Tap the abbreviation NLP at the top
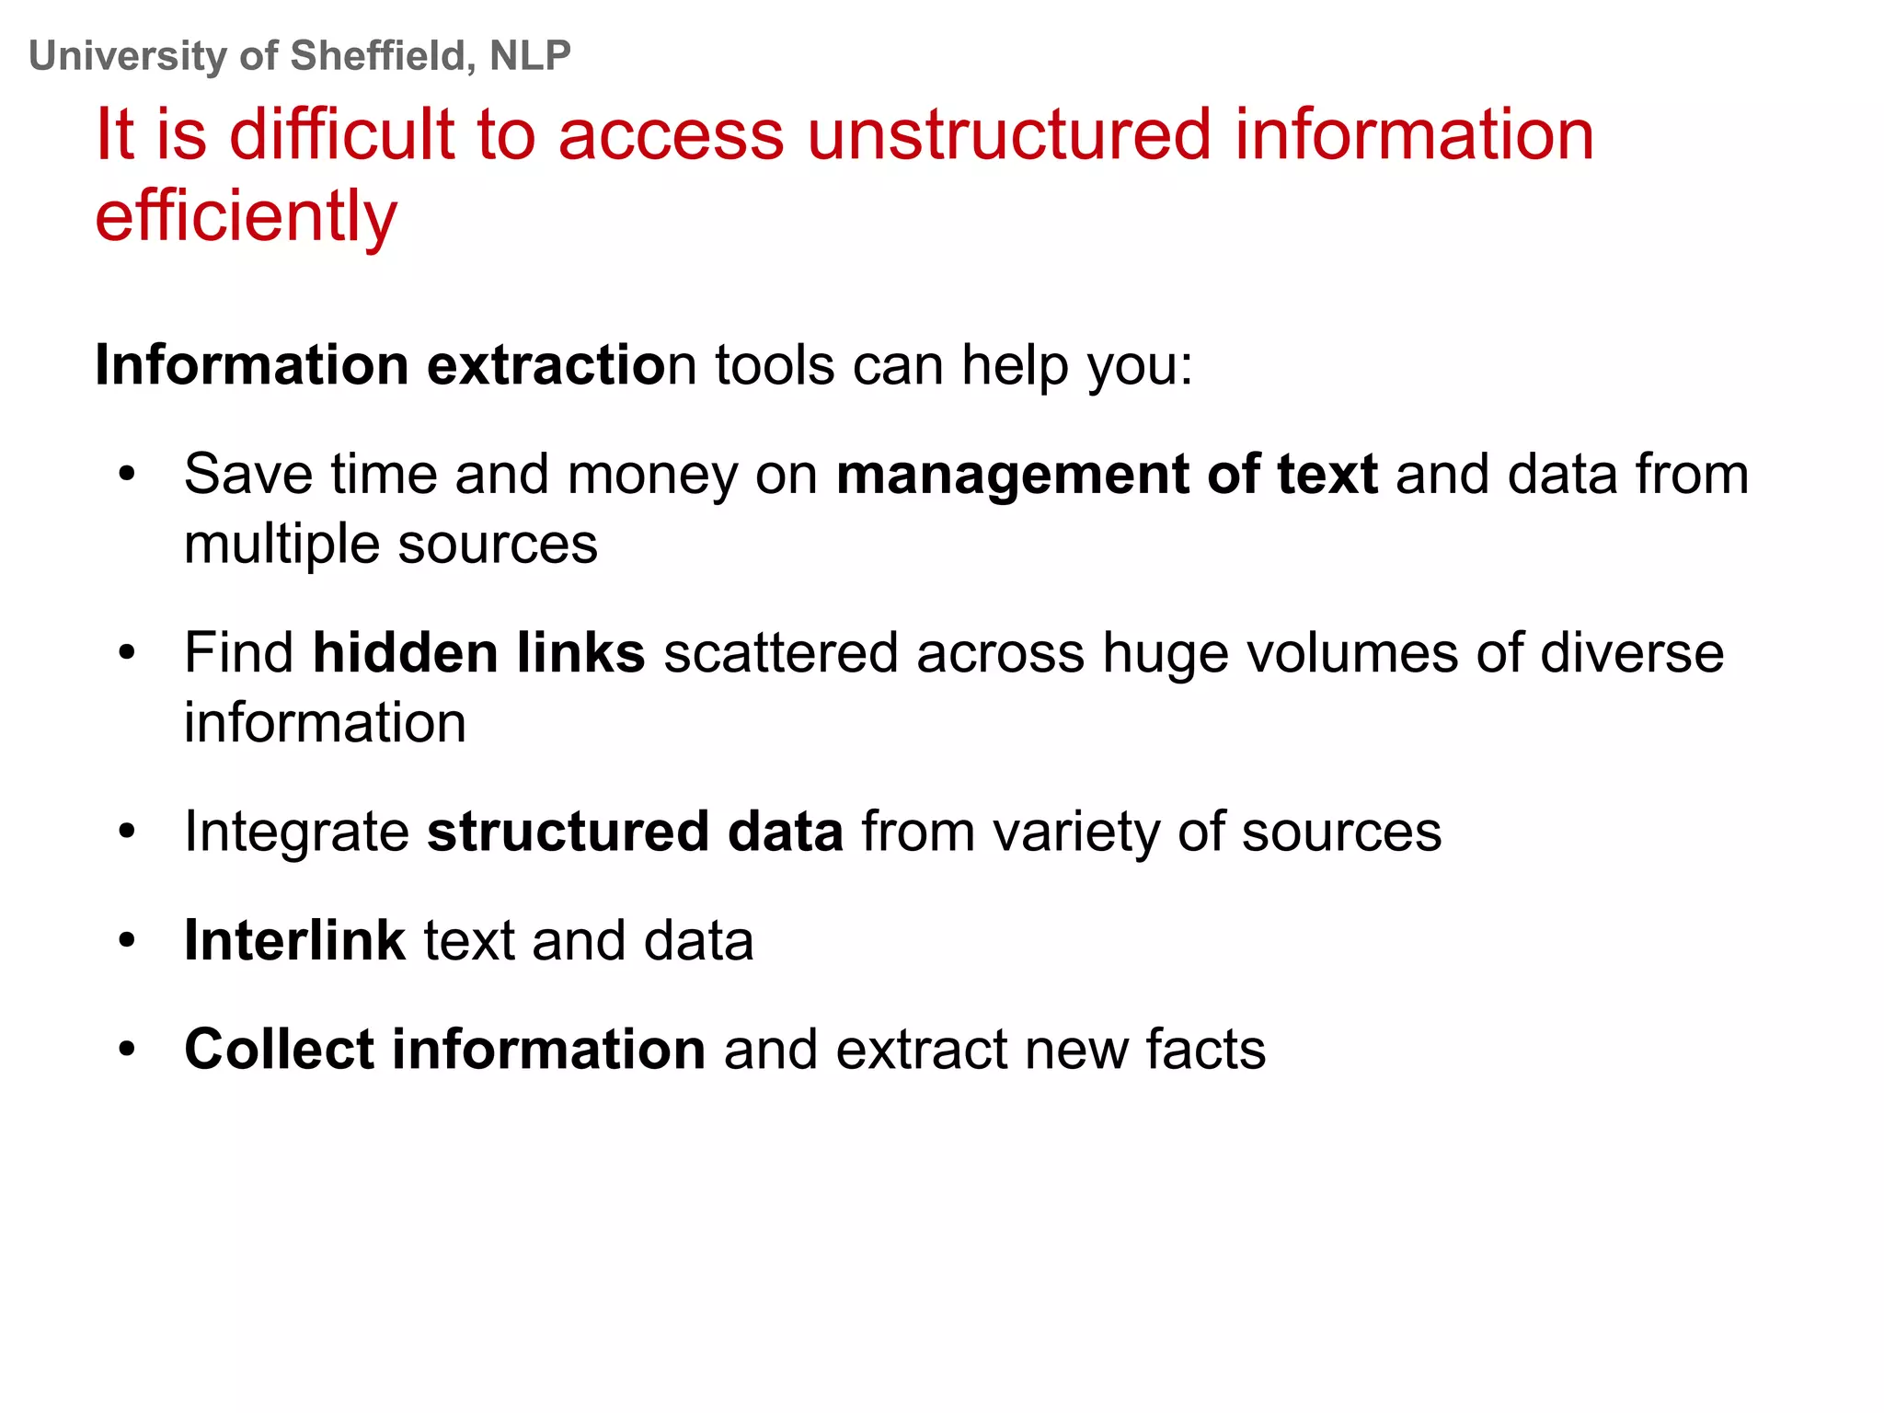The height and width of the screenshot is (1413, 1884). (530, 56)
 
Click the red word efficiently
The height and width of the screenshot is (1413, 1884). (246, 217)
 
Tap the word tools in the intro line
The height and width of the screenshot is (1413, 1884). (775, 365)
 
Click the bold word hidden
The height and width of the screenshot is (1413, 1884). (405, 653)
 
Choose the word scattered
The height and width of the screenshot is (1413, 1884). (780, 653)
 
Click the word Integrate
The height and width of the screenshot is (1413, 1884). (296, 832)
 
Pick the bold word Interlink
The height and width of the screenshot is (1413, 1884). (294, 941)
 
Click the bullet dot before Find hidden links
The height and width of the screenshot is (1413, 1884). (127, 654)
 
